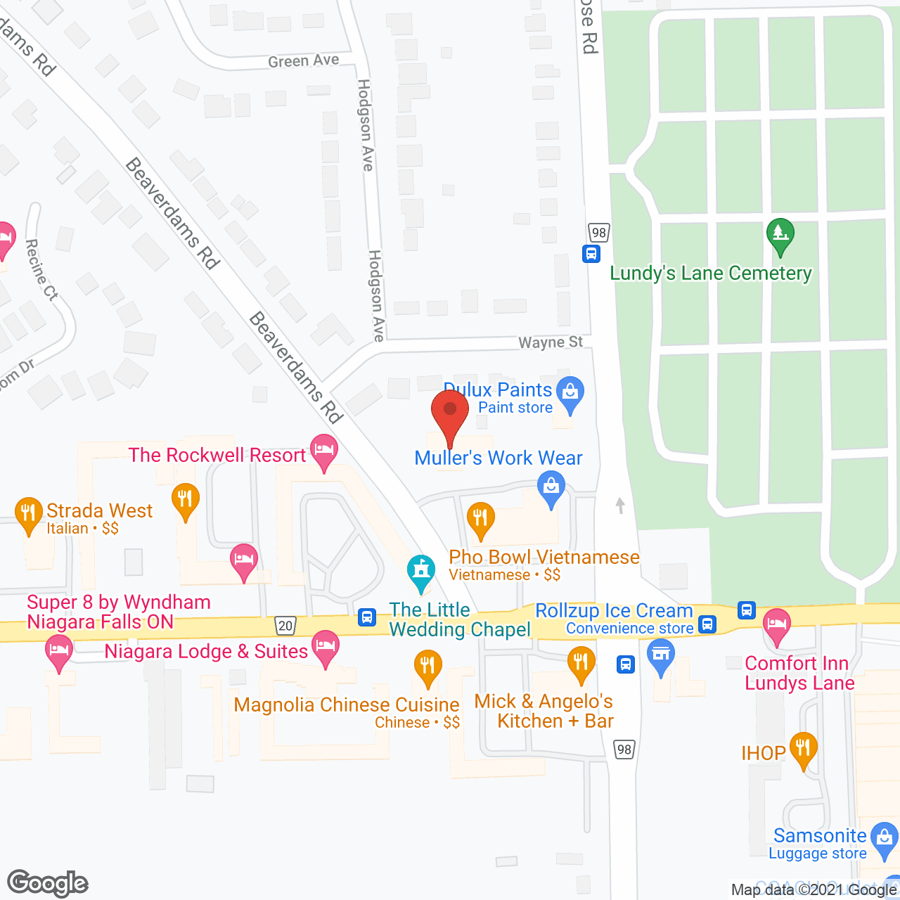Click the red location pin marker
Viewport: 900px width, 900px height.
pos(450,415)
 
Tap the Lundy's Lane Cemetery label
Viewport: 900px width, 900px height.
pos(711,273)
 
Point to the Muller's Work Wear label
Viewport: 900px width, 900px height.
pos(499,458)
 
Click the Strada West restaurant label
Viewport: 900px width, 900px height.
pos(99,510)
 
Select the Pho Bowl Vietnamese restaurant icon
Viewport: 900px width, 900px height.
pos(480,520)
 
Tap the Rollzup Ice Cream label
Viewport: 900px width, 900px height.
pos(614,611)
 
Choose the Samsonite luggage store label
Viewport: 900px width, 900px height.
pos(820,836)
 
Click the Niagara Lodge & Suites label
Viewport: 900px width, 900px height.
pos(206,652)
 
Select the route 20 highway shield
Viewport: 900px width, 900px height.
pos(285,625)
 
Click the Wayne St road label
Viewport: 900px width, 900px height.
pos(551,342)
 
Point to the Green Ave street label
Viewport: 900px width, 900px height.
pos(303,61)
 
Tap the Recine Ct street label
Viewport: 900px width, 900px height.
pos(41,270)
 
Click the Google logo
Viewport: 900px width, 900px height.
pos(47,882)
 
